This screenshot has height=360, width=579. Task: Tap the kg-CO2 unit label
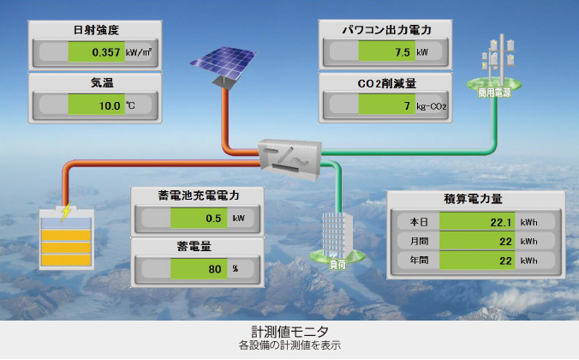433,107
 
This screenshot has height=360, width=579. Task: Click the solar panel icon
222,63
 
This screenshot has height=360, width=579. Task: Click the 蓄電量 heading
197,246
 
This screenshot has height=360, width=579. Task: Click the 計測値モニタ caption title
289,331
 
